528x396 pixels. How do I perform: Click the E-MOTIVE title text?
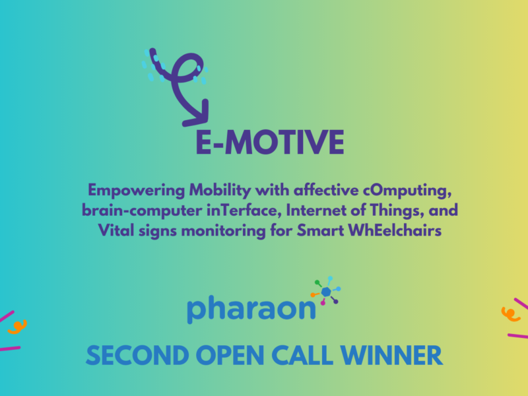point(270,142)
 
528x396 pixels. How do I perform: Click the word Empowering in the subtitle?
point(137,191)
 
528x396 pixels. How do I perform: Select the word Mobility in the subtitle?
point(220,191)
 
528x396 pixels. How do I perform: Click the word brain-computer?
point(142,211)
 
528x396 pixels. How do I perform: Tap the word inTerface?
point(244,211)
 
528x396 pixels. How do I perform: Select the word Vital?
point(116,230)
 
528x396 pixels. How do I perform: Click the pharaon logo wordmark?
point(251,309)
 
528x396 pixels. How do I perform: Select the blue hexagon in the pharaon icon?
point(326,292)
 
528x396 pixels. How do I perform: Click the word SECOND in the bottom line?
point(137,356)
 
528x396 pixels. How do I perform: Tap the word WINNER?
point(391,356)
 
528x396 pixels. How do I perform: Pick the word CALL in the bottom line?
point(302,356)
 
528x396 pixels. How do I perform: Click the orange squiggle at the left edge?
point(18,327)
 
